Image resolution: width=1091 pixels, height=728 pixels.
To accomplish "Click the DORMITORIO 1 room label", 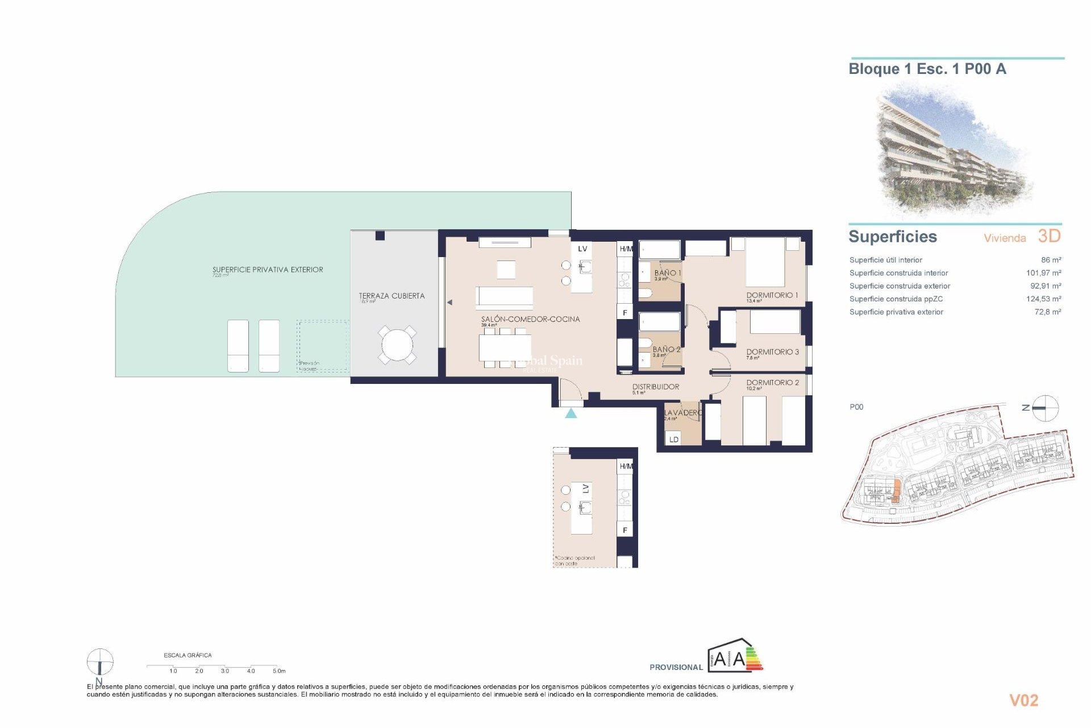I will (x=772, y=295).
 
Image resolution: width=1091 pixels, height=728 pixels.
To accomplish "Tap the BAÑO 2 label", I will (x=666, y=349).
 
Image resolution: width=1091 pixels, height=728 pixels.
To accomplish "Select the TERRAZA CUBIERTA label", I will (x=392, y=296).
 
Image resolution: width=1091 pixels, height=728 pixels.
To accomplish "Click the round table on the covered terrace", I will (x=397, y=345).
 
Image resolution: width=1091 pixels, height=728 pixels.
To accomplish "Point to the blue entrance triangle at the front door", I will (x=571, y=413).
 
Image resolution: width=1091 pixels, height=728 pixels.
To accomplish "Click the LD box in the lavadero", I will (x=673, y=439).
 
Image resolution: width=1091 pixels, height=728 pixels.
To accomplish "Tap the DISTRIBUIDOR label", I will (x=655, y=387).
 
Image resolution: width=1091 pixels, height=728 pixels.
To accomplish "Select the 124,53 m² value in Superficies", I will (x=1043, y=299).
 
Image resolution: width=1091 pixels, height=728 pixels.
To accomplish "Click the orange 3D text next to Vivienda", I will (x=1049, y=236).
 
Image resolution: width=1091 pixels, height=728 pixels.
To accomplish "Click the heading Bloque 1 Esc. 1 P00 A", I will (x=927, y=69).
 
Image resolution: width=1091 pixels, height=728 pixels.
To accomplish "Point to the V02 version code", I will (x=1023, y=701).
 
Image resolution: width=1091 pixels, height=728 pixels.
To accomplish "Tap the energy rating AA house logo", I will (x=735, y=656).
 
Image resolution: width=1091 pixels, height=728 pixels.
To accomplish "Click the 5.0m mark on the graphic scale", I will (x=278, y=671).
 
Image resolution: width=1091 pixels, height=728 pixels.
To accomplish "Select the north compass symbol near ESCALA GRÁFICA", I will (x=100, y=663).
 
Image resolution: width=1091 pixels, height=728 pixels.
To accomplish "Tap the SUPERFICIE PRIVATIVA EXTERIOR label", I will (x=268, y=270).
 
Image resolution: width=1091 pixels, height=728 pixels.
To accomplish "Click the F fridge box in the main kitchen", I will (x=625, y=313).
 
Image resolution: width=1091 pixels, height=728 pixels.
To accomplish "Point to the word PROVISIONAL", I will (x=676, y=667).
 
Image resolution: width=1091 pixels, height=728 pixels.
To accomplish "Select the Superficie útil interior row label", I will (x=885, y=260).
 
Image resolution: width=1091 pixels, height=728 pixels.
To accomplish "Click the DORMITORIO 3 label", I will (x=772, y=352).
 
